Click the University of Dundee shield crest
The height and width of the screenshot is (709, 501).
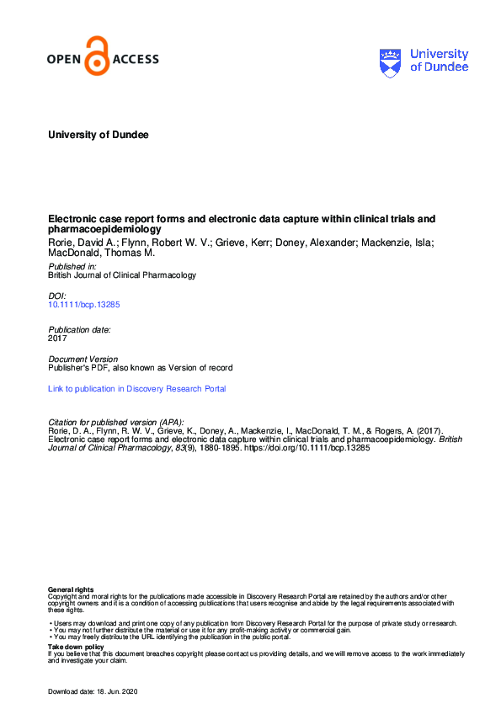(x=391, y=61)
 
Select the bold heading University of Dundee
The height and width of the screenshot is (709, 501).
(x=98, y=135)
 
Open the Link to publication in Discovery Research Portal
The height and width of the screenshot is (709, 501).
(x=137, y=389)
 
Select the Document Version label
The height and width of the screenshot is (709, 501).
(x=83, y=359)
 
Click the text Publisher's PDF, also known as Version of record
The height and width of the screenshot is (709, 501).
(x=140, y=368)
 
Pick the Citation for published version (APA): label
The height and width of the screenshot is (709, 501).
(x=116, y=422)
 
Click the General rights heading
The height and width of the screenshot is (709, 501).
(x=71, y=589)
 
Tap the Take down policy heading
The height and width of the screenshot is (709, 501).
(x=76, y=647)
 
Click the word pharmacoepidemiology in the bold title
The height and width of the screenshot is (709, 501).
(x=104, y=229)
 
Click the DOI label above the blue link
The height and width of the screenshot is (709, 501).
(x=56, y=296)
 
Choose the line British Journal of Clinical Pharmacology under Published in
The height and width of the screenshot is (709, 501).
(x=122, y=275)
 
